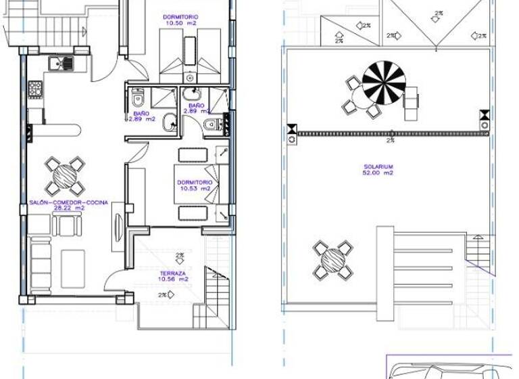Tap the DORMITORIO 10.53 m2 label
195,185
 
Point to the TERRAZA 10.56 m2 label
173,275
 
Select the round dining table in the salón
66,175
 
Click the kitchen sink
61,64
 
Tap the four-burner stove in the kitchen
35,88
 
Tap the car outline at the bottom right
446,371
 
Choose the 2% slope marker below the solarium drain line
391,141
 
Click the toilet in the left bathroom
139,101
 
